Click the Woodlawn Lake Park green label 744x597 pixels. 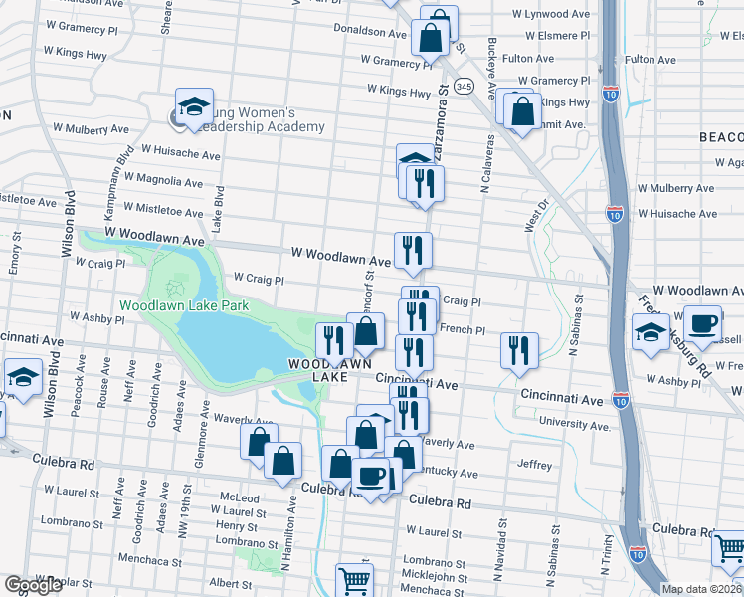click(x=184, y=305)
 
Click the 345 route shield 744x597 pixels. click(x=464, y=88)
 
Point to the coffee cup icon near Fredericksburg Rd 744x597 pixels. click(x=703, y=324)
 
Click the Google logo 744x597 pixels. click(x=33, y=585)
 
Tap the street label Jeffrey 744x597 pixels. click(x=534, y=464)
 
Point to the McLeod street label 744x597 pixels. click(x=240, y=497)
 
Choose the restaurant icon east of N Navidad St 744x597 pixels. click(x=519, y=351)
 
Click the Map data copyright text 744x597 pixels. click(x=702, y=589)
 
